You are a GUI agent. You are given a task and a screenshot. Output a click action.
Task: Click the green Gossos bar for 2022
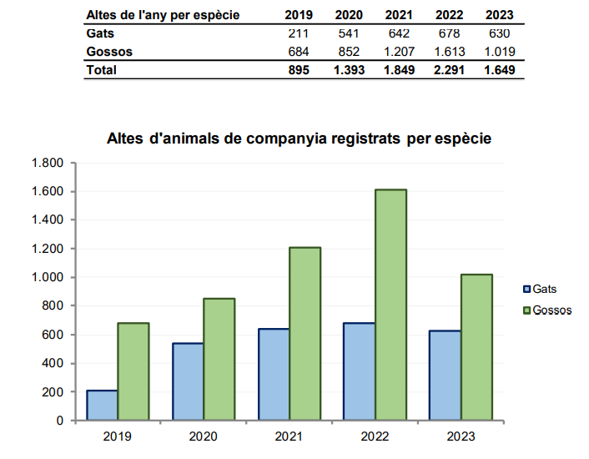pyautogui.click(x=390, y=305)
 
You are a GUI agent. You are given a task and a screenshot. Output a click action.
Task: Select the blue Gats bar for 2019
pyautogui.click(x=102, y=405)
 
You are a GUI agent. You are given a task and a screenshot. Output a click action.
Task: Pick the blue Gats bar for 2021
pyautogui.click(x=274, y=374)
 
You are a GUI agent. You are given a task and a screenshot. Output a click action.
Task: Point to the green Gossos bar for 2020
pyautogui.click(x=219, y=359)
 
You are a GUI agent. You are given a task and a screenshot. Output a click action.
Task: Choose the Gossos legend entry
pyautogui.click(x=546, y=310)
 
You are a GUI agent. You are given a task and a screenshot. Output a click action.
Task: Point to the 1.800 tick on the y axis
pyautogui.click(x=48, y=163)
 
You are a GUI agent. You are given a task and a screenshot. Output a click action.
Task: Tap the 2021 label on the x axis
pyautogui.click(x=288, y=436)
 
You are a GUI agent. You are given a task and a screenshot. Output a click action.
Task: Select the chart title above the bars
pyautogui.click(x=299, y=139)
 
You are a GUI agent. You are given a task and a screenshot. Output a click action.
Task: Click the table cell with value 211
pyautogui.click(x=298, y=33)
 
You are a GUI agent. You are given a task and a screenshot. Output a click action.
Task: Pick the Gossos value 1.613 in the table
pyautogui.click(x=447, y=52)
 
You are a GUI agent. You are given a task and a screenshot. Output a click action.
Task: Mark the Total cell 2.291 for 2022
pyautogui.click(x=447, y=70)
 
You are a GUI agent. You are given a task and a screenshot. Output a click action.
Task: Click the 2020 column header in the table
pyautogui.click(x=348, y=15)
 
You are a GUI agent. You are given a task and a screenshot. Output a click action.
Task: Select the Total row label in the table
pyautogui.click(x=101, y=70)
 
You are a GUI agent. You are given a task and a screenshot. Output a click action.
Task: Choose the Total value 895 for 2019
pyautogui.click(x=298, y=70)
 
